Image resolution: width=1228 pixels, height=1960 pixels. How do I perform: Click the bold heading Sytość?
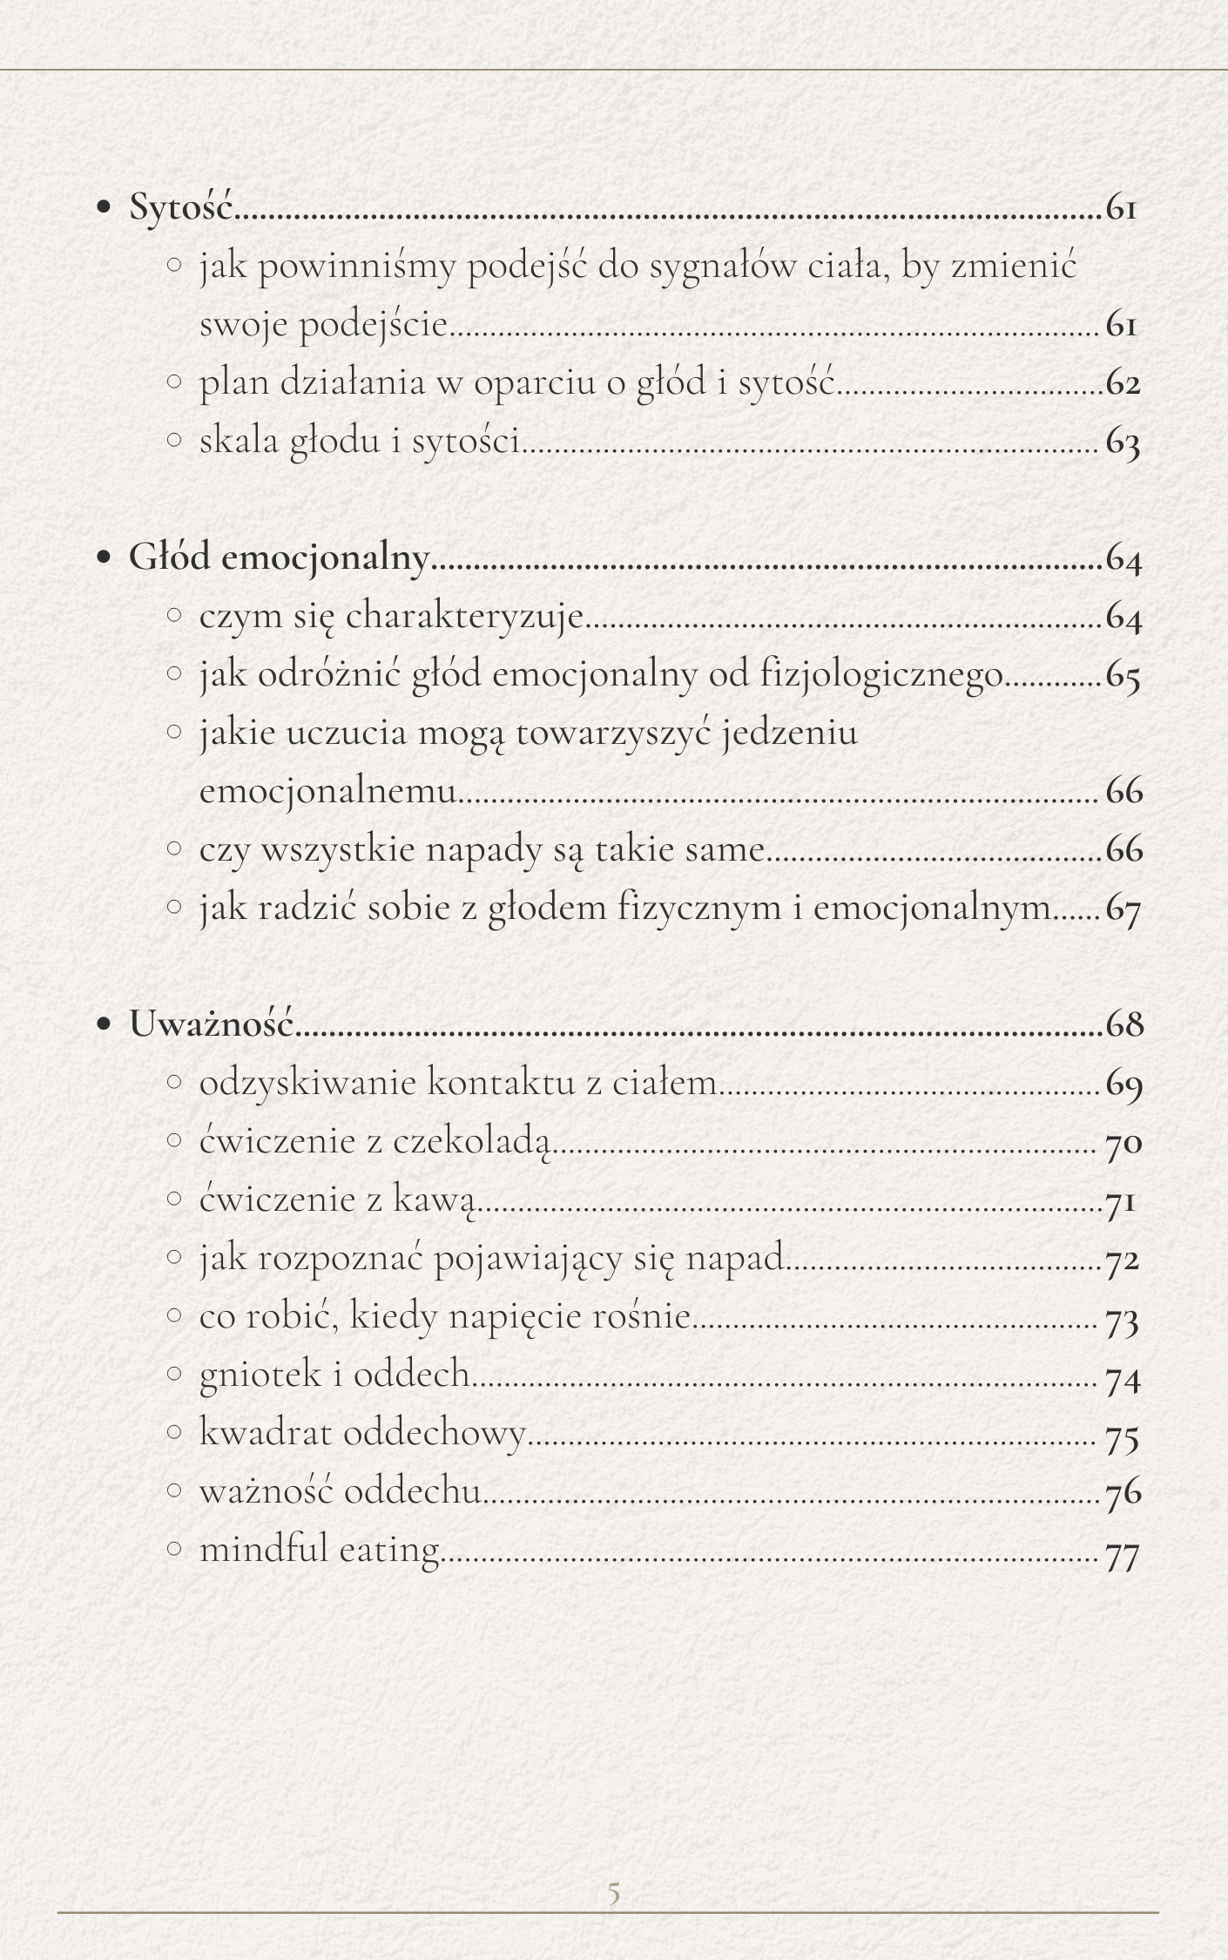click(x=181, y=207)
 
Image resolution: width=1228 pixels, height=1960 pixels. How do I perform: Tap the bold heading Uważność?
click(x=212, y=1024)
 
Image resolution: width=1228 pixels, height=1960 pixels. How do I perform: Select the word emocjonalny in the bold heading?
click(x=326, y=558)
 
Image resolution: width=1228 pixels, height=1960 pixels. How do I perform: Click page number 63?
click(x=1123, y=442)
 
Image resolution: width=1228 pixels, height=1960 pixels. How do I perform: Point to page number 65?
click(x=1123, y=675)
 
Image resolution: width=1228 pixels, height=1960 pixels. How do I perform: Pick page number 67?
click(x=1123, y=909)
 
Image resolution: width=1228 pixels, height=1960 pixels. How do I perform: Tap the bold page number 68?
click(x=1123, y=1024)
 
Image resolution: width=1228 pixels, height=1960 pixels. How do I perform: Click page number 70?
click(x=1123, y=1142)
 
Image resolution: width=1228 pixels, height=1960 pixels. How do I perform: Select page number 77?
click(x=1122, y=1551)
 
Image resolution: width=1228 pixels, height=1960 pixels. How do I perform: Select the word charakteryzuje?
click(x=464, y=617)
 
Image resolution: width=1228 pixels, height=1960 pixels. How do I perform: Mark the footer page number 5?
click(x=613, y=1892)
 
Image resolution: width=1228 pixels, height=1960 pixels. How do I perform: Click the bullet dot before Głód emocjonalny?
click(x=105, y=558)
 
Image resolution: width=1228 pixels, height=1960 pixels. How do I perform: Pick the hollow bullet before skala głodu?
click(x=174, y=440)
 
